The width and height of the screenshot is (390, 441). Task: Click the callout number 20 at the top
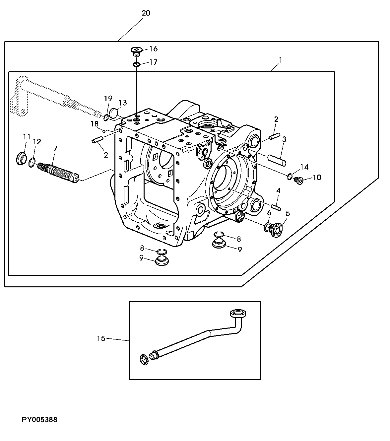(x=146, y=13)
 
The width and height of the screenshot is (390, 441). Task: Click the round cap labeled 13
(x=114, y=113)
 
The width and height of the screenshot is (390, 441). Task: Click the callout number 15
(x=101, y=338)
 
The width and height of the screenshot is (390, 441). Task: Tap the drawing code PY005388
(x=39, y=420)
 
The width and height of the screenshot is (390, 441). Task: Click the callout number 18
(x=95, y=124)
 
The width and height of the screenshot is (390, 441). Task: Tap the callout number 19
(x=108, y=99)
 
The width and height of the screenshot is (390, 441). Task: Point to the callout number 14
(x=304, y=167)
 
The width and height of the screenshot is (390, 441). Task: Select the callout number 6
(x=269, y=212)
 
